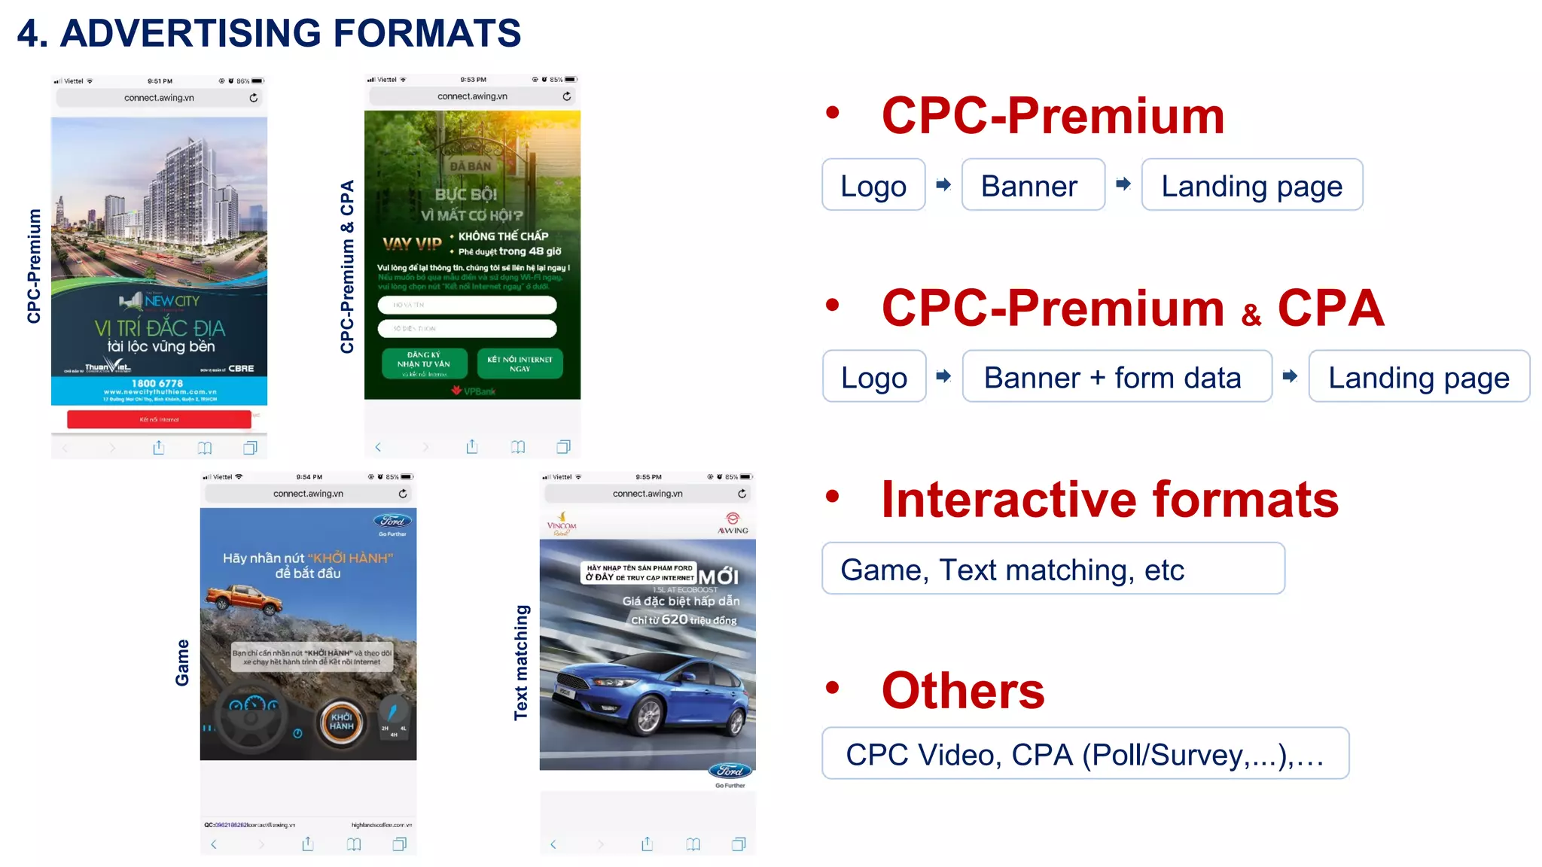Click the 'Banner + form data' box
1117,376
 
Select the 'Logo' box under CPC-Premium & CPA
873,376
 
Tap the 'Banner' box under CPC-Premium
1032,185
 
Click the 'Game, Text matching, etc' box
1053,569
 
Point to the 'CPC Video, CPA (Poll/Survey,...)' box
1084,753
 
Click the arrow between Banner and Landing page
1123,184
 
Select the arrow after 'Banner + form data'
1290,376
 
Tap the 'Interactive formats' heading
1109,499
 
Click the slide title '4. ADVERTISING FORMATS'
269,33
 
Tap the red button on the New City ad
159,419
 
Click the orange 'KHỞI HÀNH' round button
341,722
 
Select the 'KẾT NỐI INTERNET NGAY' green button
520,364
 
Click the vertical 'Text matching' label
521,662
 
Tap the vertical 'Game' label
182,662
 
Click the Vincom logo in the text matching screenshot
562,525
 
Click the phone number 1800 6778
159,383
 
